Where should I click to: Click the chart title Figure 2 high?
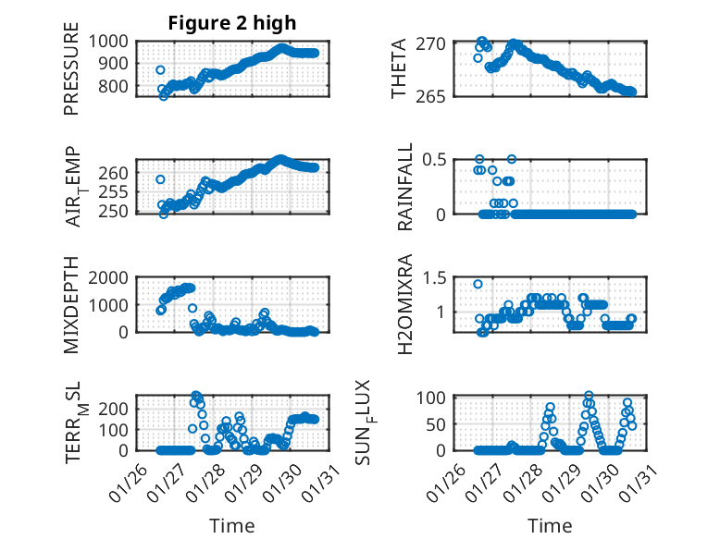(232, 23)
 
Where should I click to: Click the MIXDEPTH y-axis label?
(71, 305)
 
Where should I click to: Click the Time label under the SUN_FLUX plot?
(550, 526)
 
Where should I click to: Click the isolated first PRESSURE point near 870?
(160, 70)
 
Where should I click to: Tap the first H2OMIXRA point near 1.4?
(478, 284)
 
